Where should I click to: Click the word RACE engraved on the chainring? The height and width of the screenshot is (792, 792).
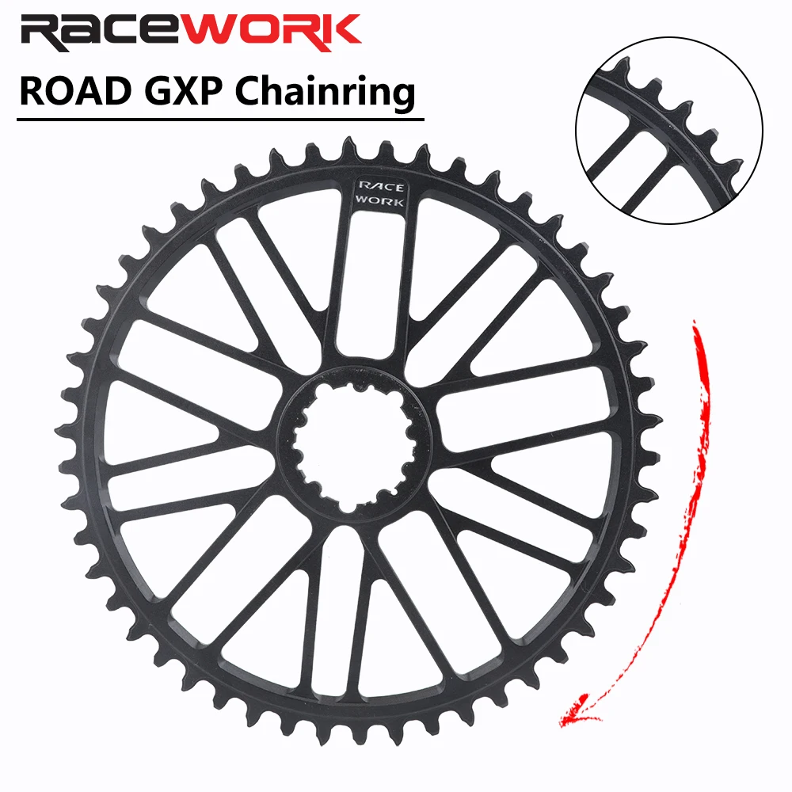click(x=381, y=187)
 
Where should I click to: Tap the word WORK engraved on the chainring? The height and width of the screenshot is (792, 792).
click(x=381, y=201)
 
